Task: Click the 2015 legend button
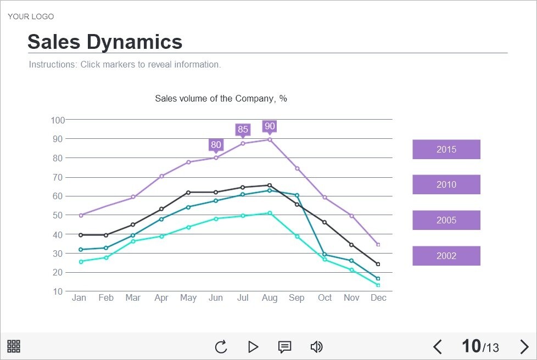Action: coord(446,149)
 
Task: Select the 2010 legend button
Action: coord(446,184)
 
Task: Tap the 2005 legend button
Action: coord(446,220)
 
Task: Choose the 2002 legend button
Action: coord(446,256)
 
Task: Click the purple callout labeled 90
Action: coord(270,126)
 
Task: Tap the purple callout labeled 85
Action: coord(243,130)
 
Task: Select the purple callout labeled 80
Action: coord(216,145)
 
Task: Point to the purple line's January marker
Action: coord(81,215)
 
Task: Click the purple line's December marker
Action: coord(378,245)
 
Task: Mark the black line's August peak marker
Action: coord(270,185)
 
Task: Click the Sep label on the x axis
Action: coord(297,297)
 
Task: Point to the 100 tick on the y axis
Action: coord(58,120)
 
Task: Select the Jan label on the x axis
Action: coord(79,297)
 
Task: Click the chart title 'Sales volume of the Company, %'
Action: coord(221,99)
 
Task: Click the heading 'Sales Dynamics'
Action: coord(105,42)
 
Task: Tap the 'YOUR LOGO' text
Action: coord(31,16)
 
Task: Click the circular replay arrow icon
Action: coord(221,347)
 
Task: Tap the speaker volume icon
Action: coord(316,347)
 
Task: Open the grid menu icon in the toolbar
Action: coord(14,346)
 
